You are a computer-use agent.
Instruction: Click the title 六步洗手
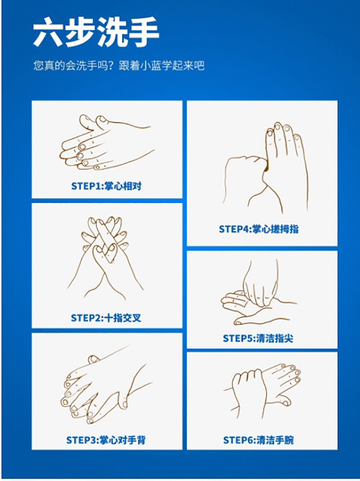click(96, 32)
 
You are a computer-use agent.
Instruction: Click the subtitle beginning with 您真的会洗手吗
click(119, 66)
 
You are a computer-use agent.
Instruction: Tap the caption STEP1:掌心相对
click(107, 186)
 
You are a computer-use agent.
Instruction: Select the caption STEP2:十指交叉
click(106, 318)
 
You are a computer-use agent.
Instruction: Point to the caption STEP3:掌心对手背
click(106, 440)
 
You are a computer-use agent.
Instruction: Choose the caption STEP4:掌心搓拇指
click(259, 229)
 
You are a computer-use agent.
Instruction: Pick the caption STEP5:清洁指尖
click(258, 338)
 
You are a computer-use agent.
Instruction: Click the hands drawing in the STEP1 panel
click(107, 143)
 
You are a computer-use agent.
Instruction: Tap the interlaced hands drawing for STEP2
click(105, 258)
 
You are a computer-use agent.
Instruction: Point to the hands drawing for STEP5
click(259, 293)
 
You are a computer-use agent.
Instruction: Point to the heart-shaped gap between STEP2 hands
click(105, 253)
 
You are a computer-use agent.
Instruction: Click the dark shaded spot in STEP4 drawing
click(266, 166)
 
